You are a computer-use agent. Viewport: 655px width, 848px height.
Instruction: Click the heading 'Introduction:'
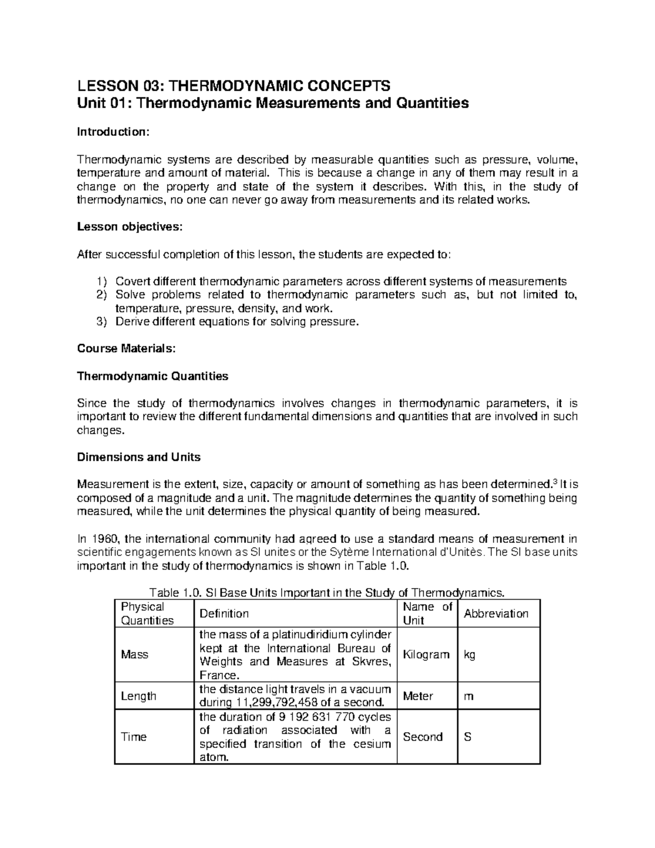[112, 132]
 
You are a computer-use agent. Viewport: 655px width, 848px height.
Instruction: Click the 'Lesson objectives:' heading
[128, 227]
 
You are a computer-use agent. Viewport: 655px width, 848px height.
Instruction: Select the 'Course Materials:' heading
[127, 348]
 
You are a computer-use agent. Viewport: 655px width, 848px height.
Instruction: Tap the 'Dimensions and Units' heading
[139, 456]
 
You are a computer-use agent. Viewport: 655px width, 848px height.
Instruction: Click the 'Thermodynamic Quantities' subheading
[153, 376]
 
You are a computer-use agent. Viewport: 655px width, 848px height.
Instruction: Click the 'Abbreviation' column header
[496, 614]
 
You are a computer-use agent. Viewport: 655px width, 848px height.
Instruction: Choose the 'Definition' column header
[224, 614]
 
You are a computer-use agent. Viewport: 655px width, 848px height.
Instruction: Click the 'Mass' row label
[134, 655]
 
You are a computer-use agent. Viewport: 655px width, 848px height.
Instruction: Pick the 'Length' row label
[138, 696]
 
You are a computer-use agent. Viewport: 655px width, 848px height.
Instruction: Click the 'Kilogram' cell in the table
[426, 655]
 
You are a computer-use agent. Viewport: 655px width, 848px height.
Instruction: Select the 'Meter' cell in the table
[418, 696]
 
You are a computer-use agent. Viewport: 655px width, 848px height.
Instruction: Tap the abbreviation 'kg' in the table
[469, 655]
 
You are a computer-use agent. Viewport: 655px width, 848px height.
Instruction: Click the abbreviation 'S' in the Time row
[467, 737]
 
